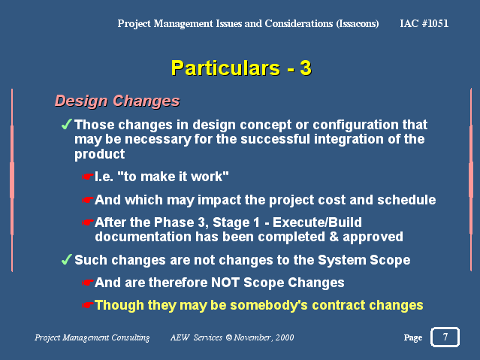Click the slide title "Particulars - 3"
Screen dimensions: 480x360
[x=241, y=68]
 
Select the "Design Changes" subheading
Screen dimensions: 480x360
[x=117, y=101]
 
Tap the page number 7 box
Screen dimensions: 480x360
[x=445, y=337]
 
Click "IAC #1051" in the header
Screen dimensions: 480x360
[x=424, y=23]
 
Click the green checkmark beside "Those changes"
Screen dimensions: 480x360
[x=66, y=124]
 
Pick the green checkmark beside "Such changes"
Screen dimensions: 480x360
[x=66, y=259]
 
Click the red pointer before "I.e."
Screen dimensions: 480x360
[x=87, y=177]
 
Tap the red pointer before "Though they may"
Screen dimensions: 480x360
[x=87, y=305]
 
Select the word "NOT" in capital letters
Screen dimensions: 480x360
[x=225, y=283]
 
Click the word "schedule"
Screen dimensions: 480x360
[x=406, y=200]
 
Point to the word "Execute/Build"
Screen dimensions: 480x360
[x=317, y=222]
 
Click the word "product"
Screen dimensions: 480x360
[x=99, y=154]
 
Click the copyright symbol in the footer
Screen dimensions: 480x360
[x=228, y=337]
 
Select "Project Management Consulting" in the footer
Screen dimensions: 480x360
[x=92, y=337]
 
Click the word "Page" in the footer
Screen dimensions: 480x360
[x=412, y=337]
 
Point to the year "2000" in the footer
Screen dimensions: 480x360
[x=285, y=337]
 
